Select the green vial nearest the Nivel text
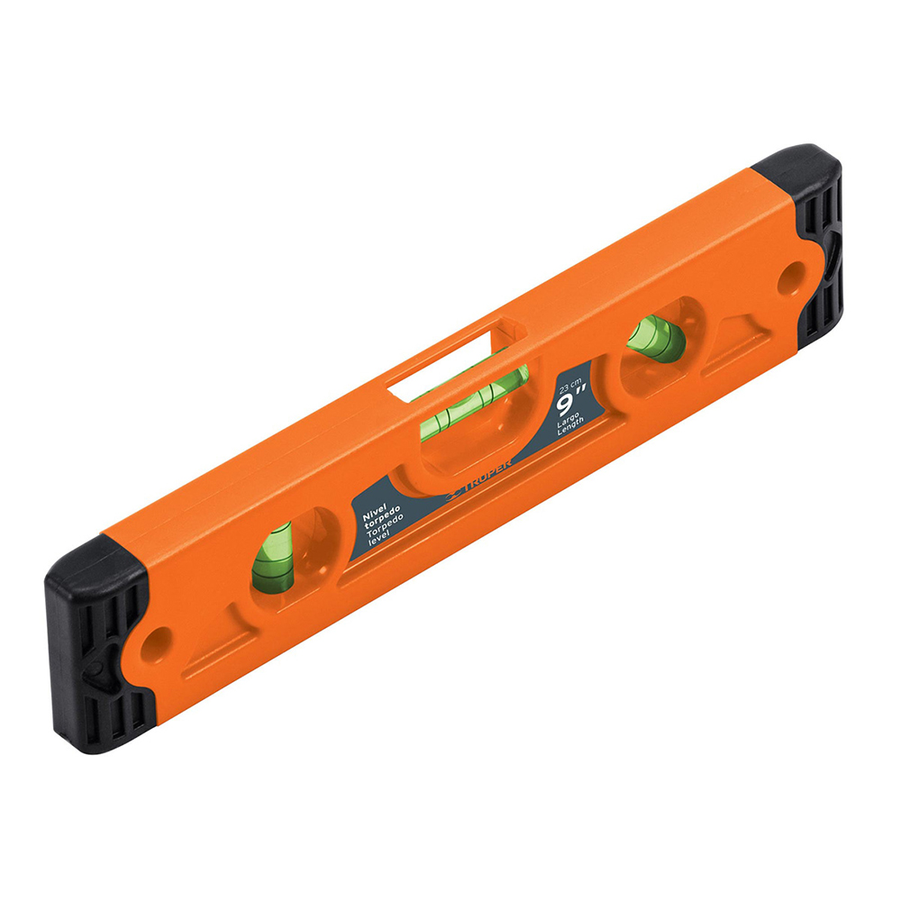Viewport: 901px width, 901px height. (x=272, y=557)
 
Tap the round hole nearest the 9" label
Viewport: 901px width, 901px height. (x=793, y=273)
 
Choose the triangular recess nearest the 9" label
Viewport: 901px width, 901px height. (x=734, y=342)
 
